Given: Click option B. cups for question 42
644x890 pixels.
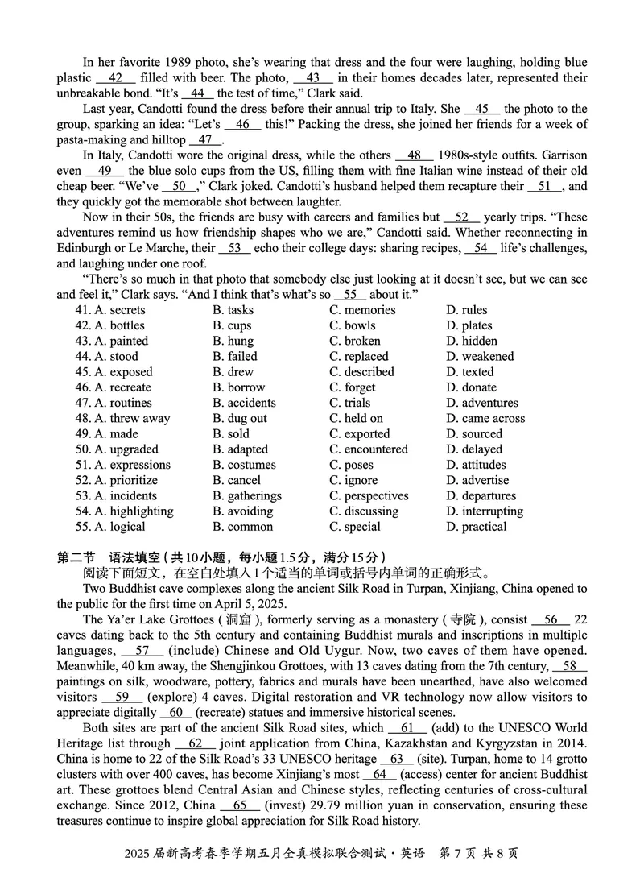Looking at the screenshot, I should click(232, 325).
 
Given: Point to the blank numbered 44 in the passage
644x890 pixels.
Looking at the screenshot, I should click(197, 93).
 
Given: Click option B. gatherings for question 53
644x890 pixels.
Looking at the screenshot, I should click(246, 496).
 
